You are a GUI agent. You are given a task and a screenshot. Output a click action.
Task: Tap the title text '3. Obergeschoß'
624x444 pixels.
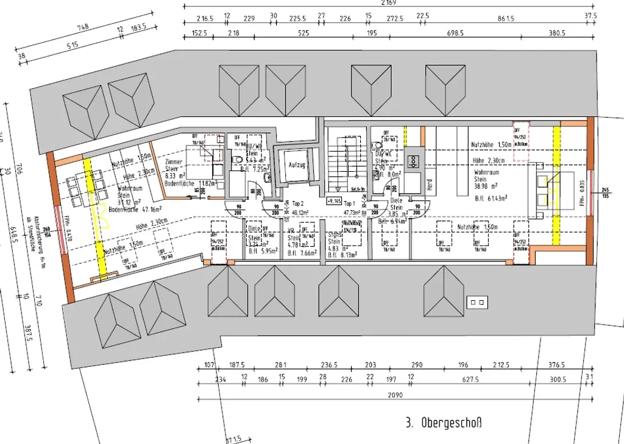pyautogui.click(x=443, y=422)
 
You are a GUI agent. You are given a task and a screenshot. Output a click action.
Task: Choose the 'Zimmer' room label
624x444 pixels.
pyautogui.click(x=174, y=163)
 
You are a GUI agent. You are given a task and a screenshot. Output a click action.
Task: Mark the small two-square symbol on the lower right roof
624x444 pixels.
pyautogui.click(x=475, y=301)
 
